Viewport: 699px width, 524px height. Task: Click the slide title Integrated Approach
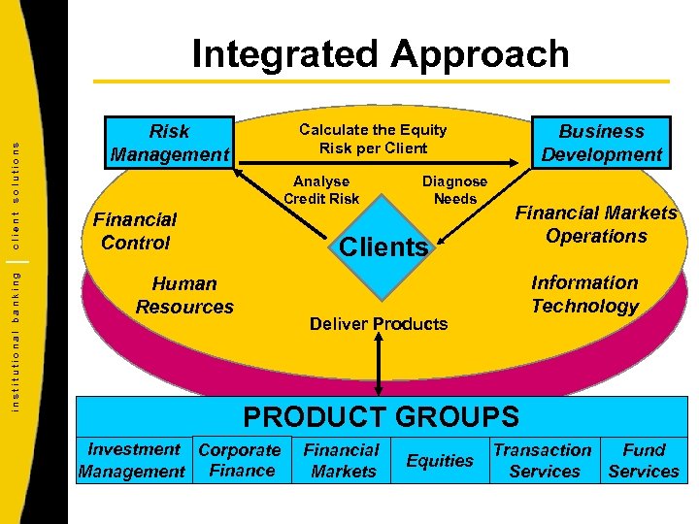coord(381,53)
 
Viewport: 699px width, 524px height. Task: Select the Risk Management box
coord(170,143)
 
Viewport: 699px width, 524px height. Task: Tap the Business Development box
coord(602,143)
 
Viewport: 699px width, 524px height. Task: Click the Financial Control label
coord(135,231)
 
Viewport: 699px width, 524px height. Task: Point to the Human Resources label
coord(184,295)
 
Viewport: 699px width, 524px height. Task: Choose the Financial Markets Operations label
coord(596,224)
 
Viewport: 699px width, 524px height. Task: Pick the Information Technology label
coord(584,294)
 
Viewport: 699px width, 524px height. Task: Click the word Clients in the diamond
coord(383,246)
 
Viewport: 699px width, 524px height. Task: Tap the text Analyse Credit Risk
coord(321,190)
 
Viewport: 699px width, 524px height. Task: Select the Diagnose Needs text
coord(454,190)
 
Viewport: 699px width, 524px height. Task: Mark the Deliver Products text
coord(379,323)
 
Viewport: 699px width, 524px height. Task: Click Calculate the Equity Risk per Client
coord(373,139)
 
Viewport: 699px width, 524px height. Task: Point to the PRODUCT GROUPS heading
coord(381,416)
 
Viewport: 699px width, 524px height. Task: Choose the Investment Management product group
coord(132,460)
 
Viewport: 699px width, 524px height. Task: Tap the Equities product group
coord(440,461)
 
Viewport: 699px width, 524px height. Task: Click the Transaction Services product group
coord(543,460)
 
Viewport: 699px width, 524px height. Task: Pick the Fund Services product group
coord(644,460)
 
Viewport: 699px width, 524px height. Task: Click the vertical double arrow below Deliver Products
coord(380,364)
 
